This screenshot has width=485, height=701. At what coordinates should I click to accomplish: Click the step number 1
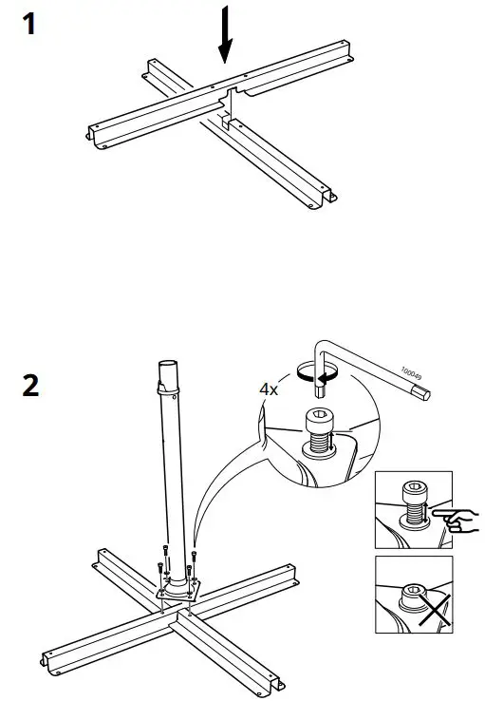30,24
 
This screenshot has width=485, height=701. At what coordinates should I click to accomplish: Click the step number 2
31,387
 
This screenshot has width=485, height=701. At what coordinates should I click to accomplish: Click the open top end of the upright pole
166,365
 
